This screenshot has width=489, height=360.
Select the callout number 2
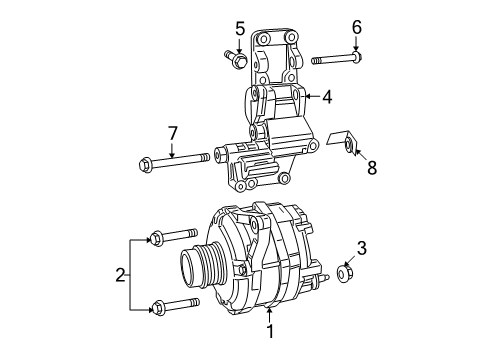[122, 272]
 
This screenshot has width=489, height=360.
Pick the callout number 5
[241, 27]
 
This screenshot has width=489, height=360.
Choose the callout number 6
[356, 27]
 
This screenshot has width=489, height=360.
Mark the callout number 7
[172, 132]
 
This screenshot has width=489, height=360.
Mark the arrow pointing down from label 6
[356, 50]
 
